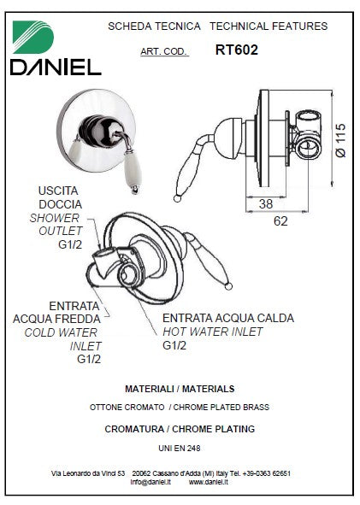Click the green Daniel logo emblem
pos(32,37)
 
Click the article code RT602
pos(237,50)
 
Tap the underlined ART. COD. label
pos(163,51)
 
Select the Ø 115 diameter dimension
pos(340,140)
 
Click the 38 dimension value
pos(266,203)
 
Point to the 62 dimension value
pos(280,221)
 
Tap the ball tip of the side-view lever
pos(177,198)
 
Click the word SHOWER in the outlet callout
pos(55,218)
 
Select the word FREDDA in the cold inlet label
pos(80,320)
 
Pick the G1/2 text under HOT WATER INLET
pos(174,345)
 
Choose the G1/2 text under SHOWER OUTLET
pos(70,244)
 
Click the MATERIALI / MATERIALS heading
pos(180,389)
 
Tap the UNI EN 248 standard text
pos(180,448)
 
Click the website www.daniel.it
pos(208,482)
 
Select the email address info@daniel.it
pos(150,482)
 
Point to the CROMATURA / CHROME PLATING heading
pos(180,429)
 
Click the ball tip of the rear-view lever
pos(228,285)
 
